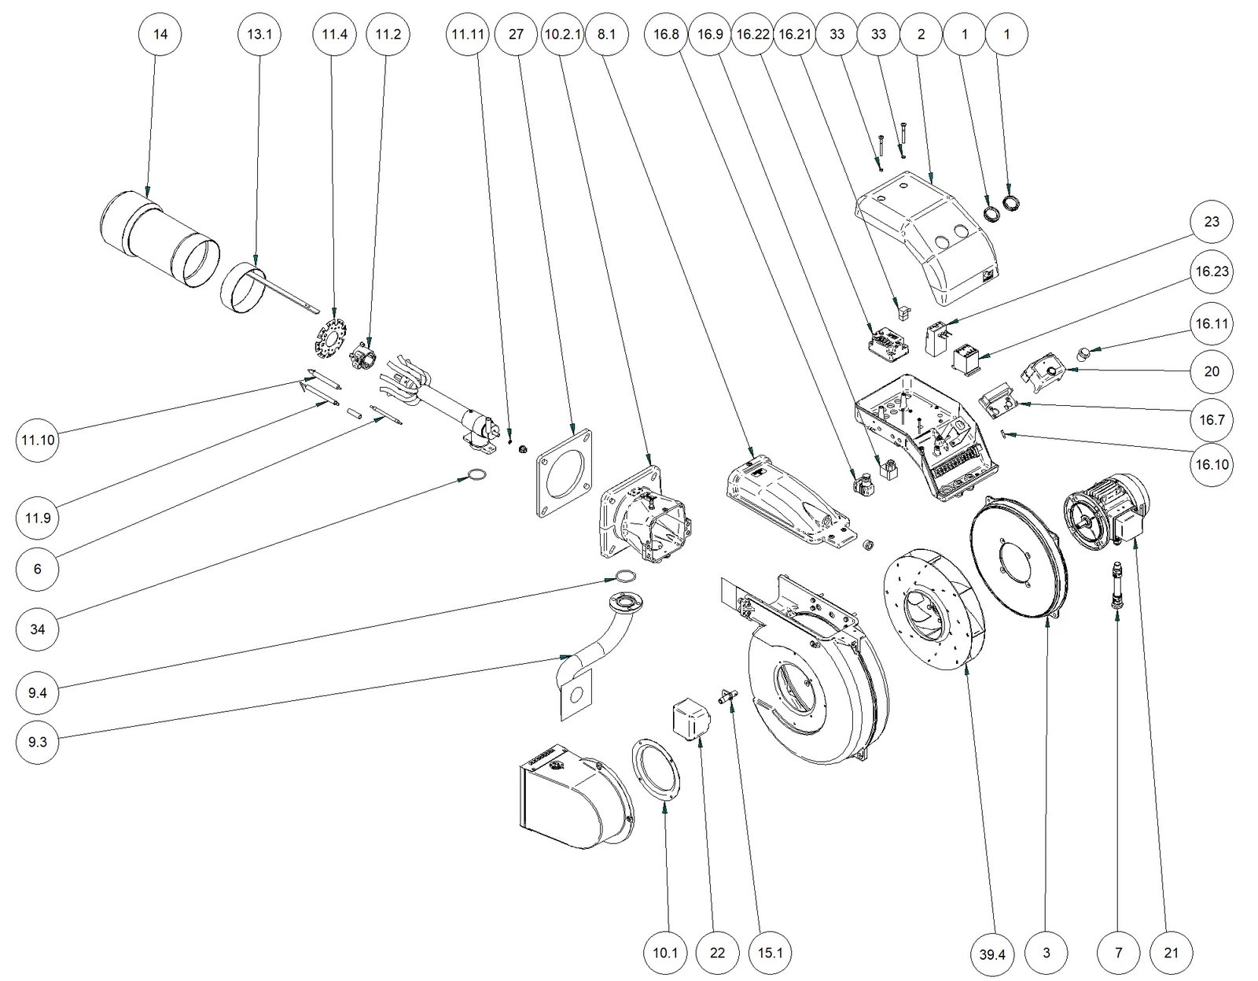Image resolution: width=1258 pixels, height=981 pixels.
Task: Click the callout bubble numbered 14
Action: (160, 34)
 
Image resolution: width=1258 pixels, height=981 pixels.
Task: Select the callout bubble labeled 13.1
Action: (259, 34)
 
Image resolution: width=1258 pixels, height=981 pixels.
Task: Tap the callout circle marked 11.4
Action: (335, 34)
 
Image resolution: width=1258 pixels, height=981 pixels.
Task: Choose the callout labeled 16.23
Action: (1212, 271)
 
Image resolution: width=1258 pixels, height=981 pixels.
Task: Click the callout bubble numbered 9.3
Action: (38, 743)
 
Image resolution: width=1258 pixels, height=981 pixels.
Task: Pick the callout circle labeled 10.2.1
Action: (562, 34)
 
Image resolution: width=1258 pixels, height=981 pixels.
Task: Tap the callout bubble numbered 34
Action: (38, 629)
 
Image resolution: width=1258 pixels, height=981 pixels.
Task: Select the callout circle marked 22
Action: (717, 953)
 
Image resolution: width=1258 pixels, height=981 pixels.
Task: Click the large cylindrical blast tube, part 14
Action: (160, 238)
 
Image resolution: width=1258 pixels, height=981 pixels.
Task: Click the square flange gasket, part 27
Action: (565, 474)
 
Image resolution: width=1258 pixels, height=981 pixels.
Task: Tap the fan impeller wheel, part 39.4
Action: (933, 611)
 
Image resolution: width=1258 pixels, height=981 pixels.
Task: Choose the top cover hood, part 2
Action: (926, 238)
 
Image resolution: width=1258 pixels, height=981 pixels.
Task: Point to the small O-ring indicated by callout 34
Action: (476, 475)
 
